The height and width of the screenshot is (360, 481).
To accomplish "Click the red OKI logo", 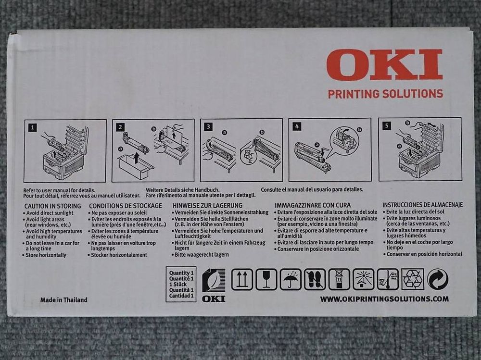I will click(384, 65).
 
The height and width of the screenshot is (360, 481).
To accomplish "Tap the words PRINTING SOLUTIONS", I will click(385, 94).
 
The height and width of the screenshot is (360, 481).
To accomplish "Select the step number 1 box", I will click(32, 128).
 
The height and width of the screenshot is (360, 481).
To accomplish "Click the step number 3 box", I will click(208, 127).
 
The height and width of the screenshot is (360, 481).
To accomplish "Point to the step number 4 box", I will click(297, 126).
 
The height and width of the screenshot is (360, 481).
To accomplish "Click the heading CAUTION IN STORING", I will click(53, 206).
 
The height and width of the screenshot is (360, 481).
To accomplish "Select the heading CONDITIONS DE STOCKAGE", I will click(126, 206).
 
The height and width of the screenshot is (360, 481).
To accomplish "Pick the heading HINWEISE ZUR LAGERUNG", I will click(207, 205).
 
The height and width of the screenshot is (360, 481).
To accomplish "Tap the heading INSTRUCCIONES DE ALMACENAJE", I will click(422, 205).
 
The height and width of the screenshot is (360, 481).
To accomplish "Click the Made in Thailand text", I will click(63, 300).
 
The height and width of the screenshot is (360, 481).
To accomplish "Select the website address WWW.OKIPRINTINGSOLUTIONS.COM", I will click(384, 299).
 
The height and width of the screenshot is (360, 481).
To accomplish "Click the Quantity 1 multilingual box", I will click(181, 284).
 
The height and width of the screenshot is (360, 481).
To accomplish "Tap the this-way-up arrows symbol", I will click(242, 279).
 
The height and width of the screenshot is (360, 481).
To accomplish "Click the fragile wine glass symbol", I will click(266, 279).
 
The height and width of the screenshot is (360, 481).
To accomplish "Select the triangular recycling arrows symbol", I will click(412, 279).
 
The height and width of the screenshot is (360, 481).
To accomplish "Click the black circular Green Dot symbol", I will click(437, 279).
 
